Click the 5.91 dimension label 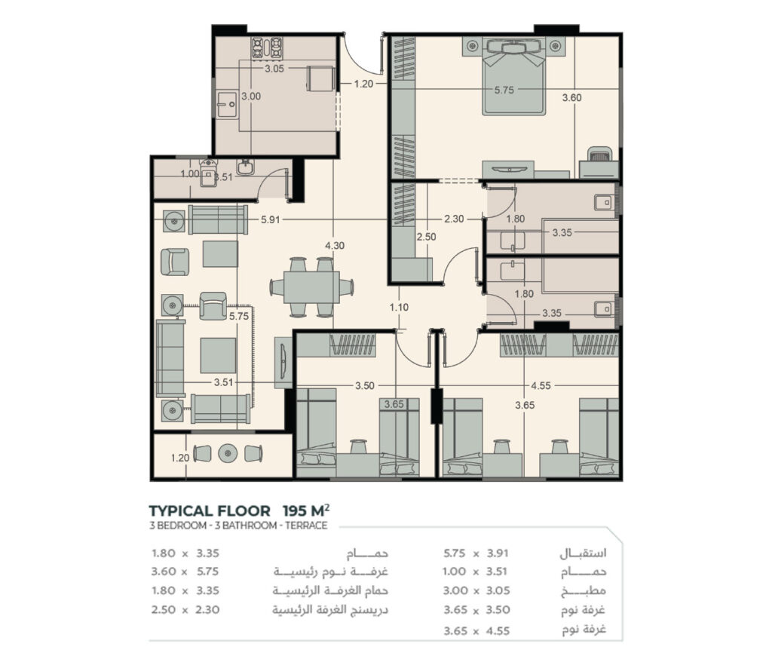click(x=271, y=219)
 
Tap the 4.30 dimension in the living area click(x=335, y=245)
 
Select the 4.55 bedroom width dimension click(x=541, y=385)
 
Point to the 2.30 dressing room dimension click(x=454, y=219)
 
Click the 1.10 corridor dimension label click(x=399, y=308)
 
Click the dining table click(x=311, y=287)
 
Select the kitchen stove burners click(x=268, y=48)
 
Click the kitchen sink click(x=228, y=104)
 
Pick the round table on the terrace click(x=228, y=454)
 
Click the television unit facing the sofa click(x=283, y=363)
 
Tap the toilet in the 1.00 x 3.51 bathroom click(x=208, y=173)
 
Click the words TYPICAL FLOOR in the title click(x=210, y=510)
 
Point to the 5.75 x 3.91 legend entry click(x=476, y=553)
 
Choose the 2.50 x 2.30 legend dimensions click(x=185, y=610)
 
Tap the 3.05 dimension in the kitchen click(x=274, y=69)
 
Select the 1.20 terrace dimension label click(x=180, y=458)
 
